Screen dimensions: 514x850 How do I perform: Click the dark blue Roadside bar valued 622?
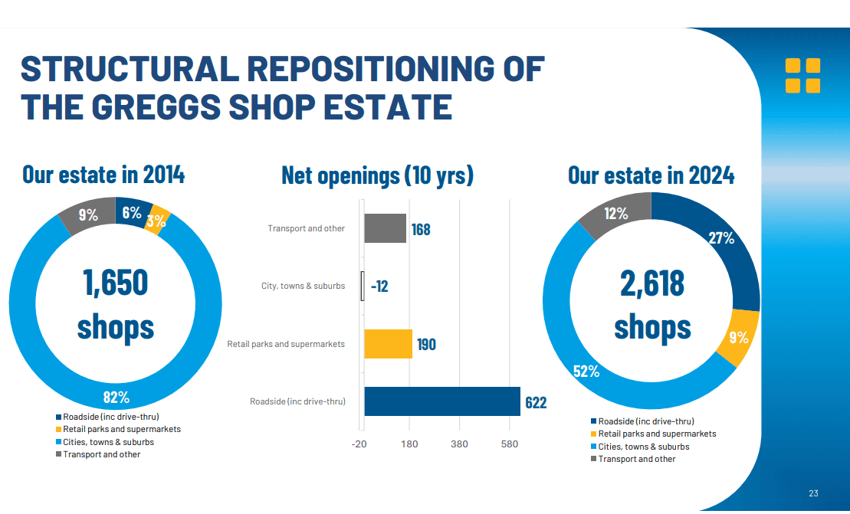point(441,401)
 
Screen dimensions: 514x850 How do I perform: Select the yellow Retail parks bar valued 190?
point(388,344)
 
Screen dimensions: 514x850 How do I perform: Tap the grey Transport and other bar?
point(385,228)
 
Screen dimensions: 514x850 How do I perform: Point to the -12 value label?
point(379,286)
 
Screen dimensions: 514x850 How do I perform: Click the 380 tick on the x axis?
point(459,444)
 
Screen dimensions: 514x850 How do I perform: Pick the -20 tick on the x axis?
point(359,444)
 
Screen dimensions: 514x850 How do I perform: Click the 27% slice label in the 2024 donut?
point(721,238)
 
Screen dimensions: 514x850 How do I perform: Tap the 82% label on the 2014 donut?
point(117,397)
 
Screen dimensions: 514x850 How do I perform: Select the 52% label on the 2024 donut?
point(586,372)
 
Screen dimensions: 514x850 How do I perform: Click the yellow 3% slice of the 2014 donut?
point(159,220)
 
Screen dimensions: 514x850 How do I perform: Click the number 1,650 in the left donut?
point(116,282)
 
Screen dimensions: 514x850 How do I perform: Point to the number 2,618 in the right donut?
point(652,283)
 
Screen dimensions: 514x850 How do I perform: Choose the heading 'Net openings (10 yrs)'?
point(377,175)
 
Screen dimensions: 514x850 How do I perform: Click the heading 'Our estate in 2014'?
point(103,175)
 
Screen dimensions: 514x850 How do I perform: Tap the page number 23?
point(813,493)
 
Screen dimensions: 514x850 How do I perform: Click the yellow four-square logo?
point(802,76)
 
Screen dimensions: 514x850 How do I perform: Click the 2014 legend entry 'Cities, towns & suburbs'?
point(108,442)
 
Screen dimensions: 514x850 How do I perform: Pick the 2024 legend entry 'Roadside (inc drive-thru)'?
point(646,421)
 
